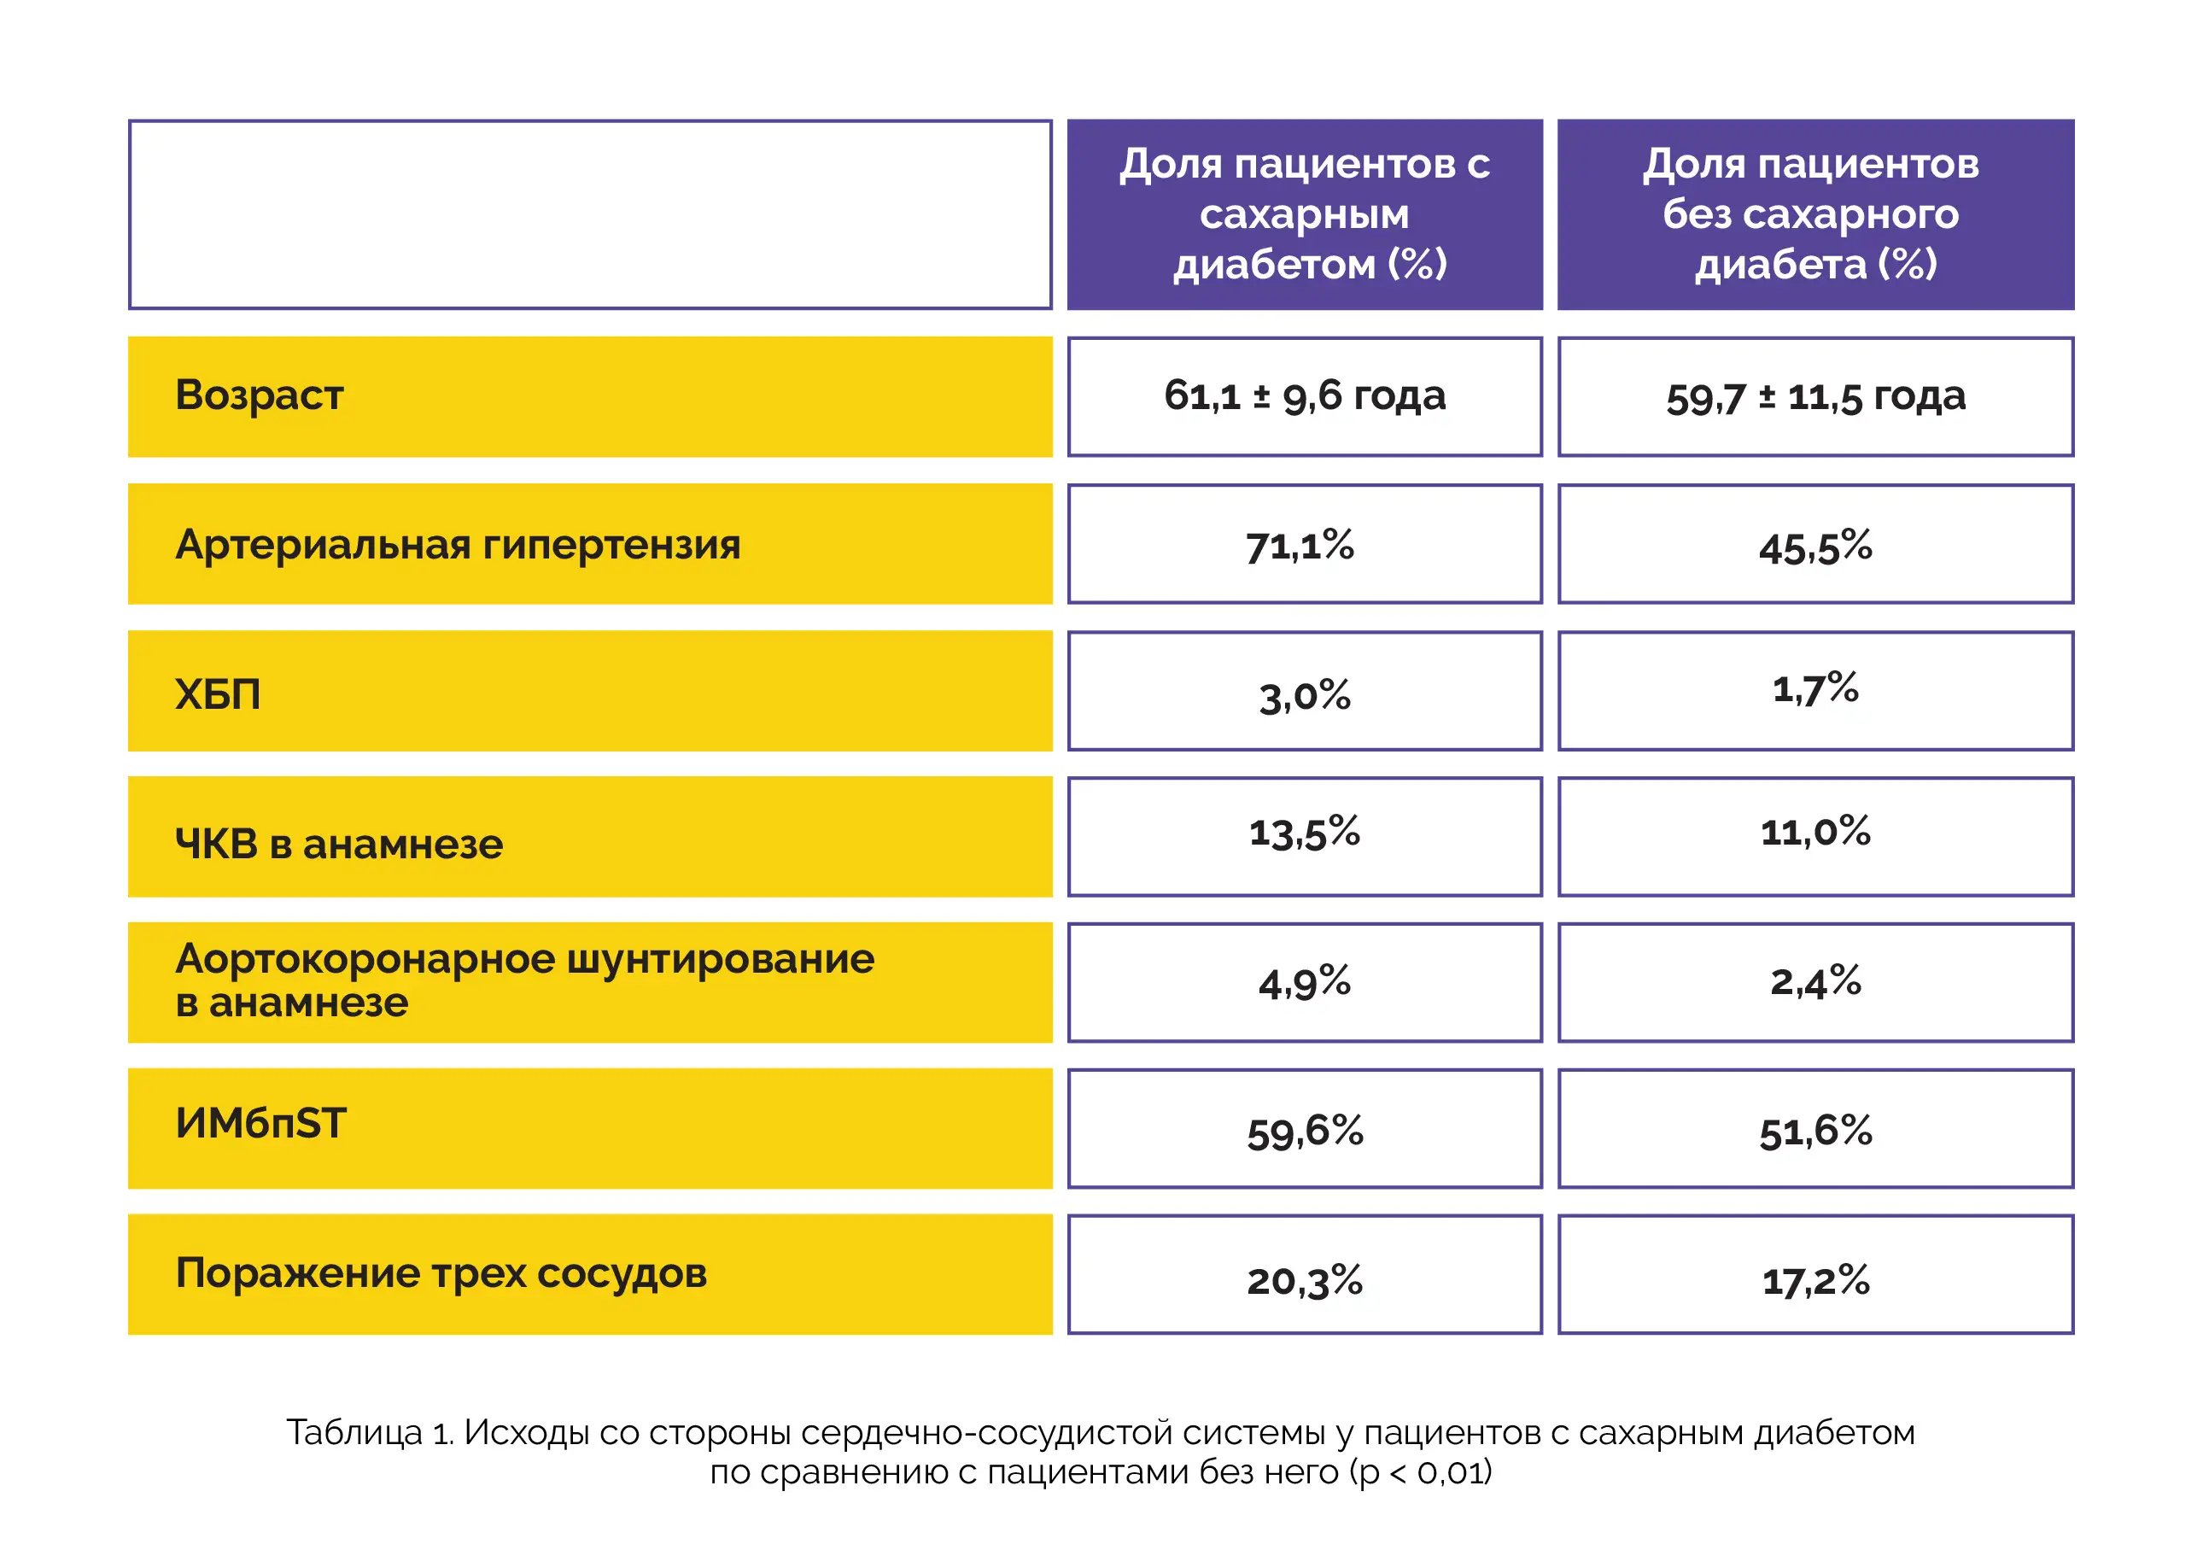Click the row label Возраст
(x=259, y=396)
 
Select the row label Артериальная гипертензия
(x=458, y=546)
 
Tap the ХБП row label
(x=218, y=694)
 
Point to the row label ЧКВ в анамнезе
(x=339, y=845)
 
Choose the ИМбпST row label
(x=260, y=1123)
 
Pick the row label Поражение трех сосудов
(x=441, y=1274)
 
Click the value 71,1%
(x=1300, y=546)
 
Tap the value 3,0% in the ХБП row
(x=1305, y=696)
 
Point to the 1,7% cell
(x=1815, y=688)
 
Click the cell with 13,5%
(x=1305, y=832)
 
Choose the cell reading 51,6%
(x=1815, y=1132)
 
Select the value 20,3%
(x=1305, y=1281)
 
